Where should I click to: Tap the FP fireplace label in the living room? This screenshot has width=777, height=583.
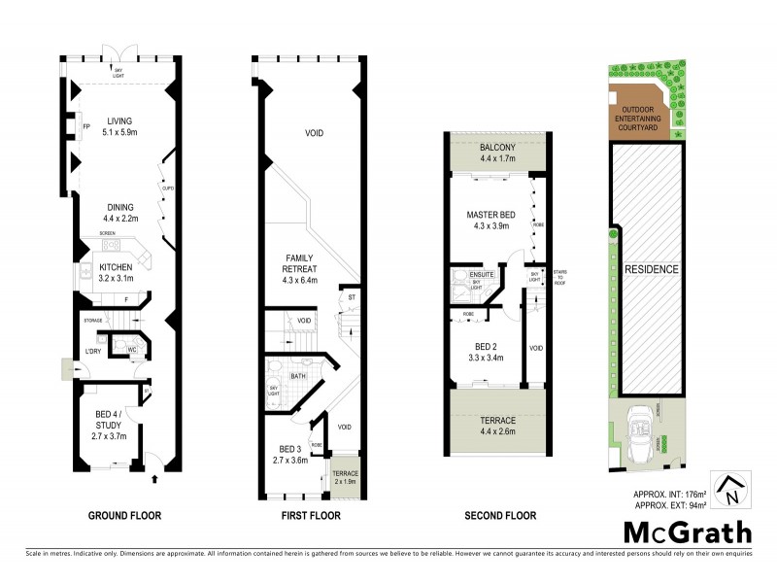coord(85,127)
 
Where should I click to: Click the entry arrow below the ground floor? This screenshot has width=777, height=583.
coord(154,478)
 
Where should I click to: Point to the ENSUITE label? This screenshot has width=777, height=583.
coord(483,276)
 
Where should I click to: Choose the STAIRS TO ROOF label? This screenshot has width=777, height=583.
coord(559,277)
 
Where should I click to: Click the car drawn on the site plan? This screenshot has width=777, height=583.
coord(640,428)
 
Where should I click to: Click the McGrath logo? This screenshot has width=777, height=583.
coord(687,532)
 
